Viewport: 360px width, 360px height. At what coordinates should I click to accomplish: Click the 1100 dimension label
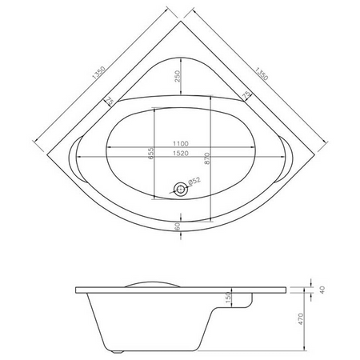(181, 143)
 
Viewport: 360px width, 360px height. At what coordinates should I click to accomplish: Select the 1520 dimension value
(181, 154)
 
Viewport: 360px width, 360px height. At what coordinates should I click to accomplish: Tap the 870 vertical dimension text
(208, 158)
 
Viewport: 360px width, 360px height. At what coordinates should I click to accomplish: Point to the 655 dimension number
(151, 154)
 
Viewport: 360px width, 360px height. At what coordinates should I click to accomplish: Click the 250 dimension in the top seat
(178, 76)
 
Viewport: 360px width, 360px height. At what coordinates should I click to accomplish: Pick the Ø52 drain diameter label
(194, 181)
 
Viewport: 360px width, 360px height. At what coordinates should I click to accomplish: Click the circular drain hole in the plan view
(181, 189)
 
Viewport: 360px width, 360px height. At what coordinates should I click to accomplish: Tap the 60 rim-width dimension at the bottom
(178, 226)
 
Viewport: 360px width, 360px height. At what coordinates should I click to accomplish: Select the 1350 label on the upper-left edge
(98, 73)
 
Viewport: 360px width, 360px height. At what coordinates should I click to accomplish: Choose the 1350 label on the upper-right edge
(261, 74)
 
